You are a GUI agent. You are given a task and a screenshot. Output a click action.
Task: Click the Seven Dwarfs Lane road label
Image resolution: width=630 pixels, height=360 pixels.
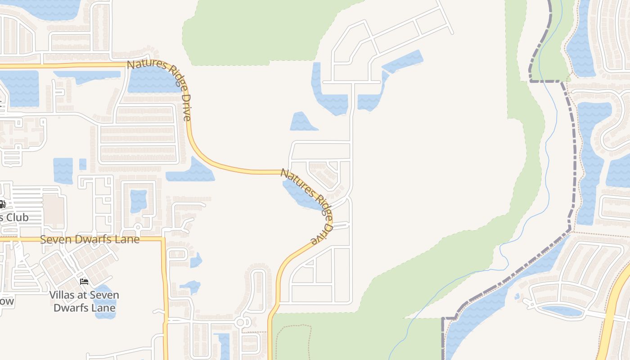(x=90, y=239)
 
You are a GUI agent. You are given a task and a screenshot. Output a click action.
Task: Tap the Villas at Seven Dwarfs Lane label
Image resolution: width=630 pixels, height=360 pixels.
(x=84, y=301)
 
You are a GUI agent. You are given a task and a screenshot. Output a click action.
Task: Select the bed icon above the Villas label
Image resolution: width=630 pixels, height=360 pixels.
(x=84, y=282)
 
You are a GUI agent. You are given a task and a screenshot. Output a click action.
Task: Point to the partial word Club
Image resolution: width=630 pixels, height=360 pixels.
(x=15, y=217)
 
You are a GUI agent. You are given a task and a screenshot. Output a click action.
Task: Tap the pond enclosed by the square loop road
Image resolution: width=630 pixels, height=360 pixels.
(x=138, y=201)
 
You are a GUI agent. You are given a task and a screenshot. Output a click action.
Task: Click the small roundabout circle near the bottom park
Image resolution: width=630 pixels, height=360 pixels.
(x=240, y=322)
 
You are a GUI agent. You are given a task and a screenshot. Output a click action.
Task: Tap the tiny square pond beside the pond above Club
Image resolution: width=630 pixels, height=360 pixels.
(x=83, y=164)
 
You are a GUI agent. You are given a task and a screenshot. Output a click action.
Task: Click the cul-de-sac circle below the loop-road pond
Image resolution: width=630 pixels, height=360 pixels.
(x=138, y=226)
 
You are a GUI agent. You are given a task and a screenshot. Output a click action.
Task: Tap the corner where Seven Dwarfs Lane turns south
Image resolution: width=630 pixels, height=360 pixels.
(x=163, y=239)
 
